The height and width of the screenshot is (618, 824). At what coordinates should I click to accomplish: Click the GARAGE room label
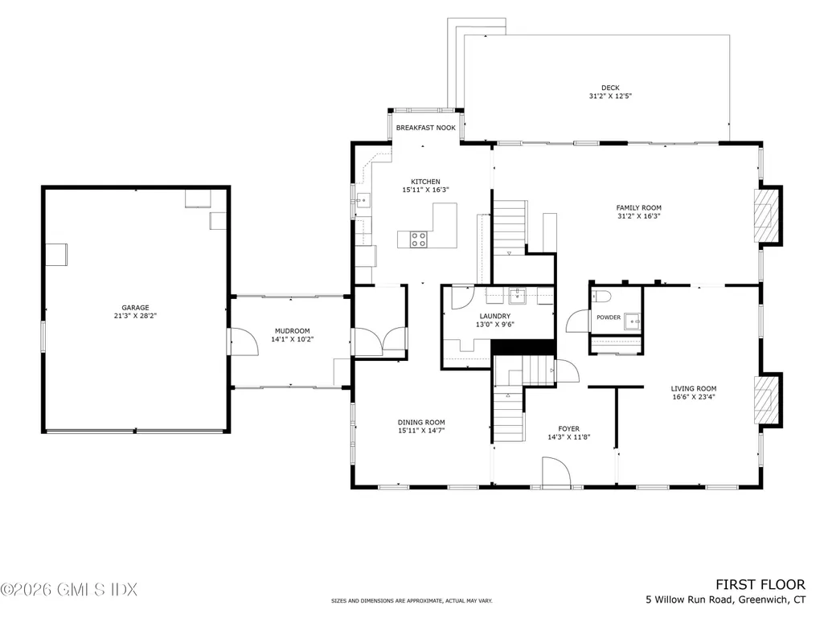click(x=135, y=308)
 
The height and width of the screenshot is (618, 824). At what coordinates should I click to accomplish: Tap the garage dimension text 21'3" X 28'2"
click(x=135, y=316)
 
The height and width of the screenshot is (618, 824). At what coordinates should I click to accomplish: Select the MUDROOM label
click(x=292, y=331)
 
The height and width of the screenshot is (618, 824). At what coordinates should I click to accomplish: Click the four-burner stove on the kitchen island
click(x=418, y=239)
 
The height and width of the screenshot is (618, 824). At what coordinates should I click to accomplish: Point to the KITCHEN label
click(x=425, y=182)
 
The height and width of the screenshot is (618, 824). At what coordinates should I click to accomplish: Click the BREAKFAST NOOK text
click(x=425, y=128)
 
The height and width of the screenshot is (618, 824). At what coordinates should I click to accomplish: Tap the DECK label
click(x=610, y=88)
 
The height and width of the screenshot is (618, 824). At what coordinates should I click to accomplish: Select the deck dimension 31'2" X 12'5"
click(x=610, y=96)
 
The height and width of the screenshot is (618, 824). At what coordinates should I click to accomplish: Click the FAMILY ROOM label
click(x=638, y=207)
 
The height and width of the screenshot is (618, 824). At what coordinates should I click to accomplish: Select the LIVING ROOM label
click(x=694, y=389)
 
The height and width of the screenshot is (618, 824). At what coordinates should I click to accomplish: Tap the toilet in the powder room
click(x=601, y=297)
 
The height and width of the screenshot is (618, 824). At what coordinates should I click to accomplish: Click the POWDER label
click(x=609, y=317)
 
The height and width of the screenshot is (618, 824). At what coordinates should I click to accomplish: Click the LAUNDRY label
click(x=495, y=317)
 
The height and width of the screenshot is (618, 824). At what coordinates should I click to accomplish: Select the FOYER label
click(x=569, y=429)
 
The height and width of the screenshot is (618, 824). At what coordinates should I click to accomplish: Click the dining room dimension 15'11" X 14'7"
click(x=421, y=431)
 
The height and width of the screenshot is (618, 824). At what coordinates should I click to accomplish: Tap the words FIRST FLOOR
click(x=760, y=585)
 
